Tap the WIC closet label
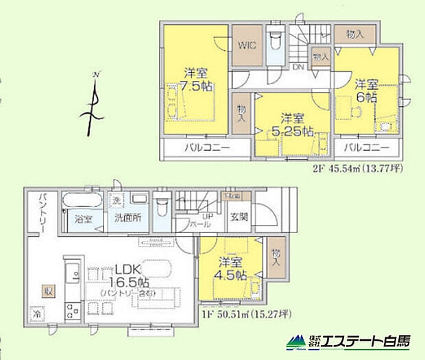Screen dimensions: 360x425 point(247,47)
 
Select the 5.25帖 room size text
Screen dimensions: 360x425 point(294,129)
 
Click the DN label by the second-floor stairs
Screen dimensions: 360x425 point(299,68)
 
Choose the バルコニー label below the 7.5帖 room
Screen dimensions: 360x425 point(206,148)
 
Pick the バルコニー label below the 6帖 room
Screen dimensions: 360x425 point(366,148)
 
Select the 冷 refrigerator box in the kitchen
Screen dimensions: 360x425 point(36,315)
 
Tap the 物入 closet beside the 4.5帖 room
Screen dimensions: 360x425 point(275,258)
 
